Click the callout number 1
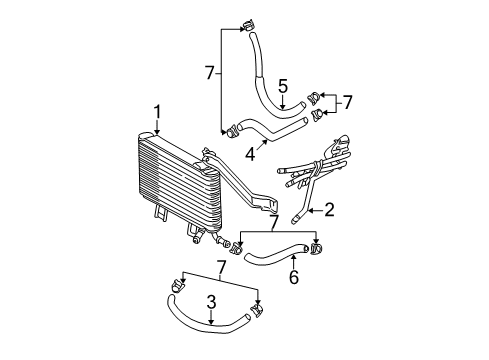(157, 112)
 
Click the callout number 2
(328, 209)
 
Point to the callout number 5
(283, 86)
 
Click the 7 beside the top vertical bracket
(209, 73)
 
